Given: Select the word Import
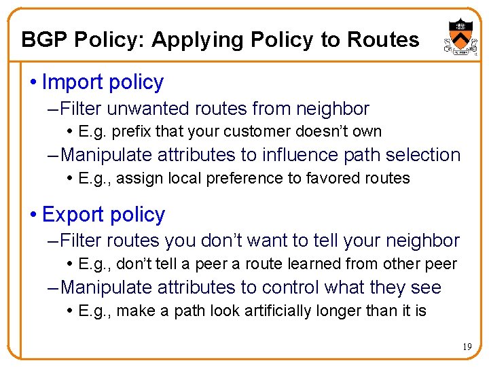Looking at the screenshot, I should tap(70, 83).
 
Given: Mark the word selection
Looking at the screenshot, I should tap(421, 155).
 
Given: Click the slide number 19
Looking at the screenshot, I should tap(467, 347).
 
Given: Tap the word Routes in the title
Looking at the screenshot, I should tap(383, 40).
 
